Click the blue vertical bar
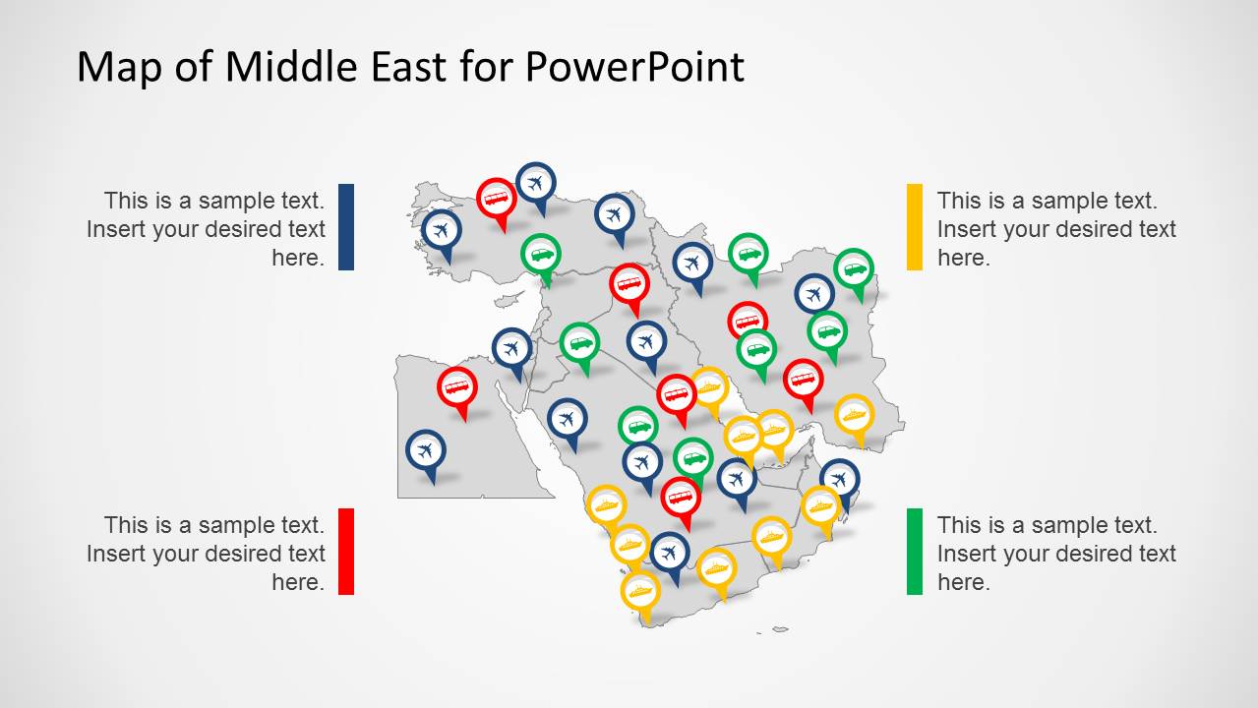point(345,227)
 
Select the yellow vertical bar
point(915,227)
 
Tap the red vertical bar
point(345,551)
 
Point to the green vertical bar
point(915,551)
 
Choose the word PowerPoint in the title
point(633,67)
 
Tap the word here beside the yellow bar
point(963,258)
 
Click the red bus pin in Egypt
point(457,387)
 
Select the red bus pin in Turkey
point(497,199)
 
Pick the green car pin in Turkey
point(541,255)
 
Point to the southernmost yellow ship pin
point(639,592)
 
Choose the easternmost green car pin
point(854,268)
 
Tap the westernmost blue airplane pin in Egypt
point(426,451)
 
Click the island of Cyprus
point(509,298)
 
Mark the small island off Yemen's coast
point(780,629)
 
